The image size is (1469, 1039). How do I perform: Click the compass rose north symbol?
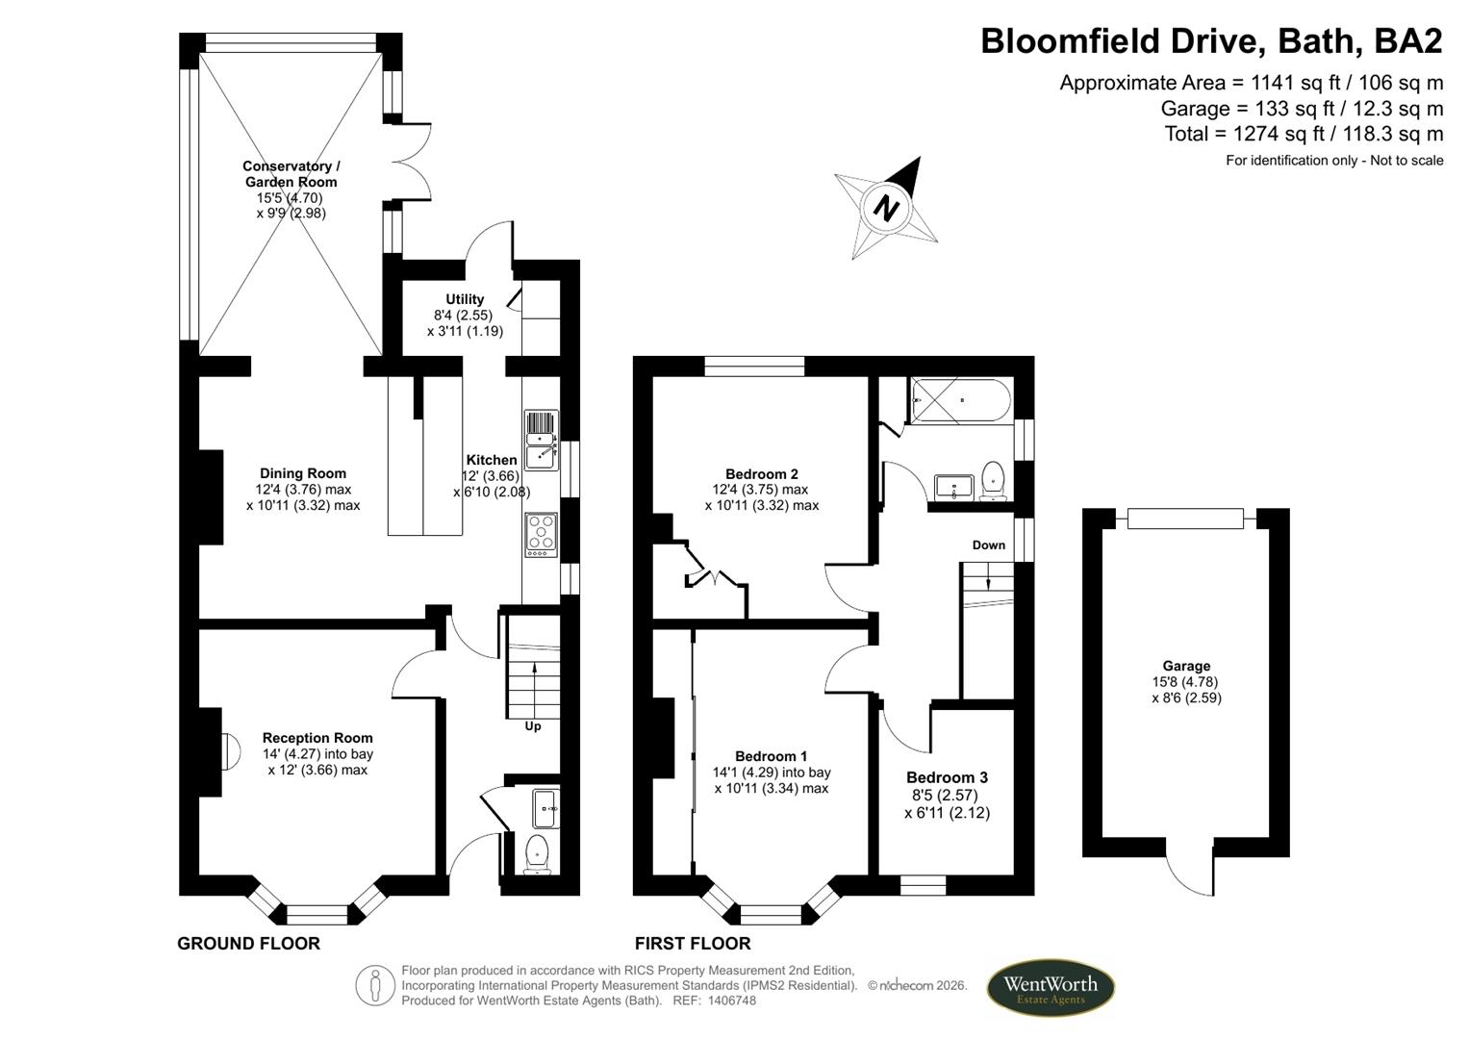tap(886, 208)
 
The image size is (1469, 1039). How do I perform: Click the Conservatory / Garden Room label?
tap(291, 174)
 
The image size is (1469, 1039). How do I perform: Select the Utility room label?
tap(465, 299)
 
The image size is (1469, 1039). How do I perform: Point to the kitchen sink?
tap(542, 441)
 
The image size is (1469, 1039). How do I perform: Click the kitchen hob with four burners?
tap(542, 534)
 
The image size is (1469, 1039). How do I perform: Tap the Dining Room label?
tap(303, 473)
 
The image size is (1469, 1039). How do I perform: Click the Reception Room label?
tap(317, 738)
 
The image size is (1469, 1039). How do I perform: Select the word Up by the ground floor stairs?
tap(533, 726)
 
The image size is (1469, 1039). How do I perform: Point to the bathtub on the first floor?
tap(959, 401)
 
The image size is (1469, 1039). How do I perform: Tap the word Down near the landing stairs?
tap(988, 545)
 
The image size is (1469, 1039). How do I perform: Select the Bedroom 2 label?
tap(762, 474)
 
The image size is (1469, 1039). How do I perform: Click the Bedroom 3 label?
tap(947, 777)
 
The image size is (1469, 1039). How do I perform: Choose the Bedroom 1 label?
tap(772, 756)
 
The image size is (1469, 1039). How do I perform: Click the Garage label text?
tap(1186, 666)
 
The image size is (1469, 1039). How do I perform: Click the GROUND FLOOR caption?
tap(248, 944)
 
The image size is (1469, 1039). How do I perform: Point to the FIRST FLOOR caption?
tap(693, 944)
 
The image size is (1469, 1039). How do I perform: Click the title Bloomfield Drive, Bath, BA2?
tap(1211, 41)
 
